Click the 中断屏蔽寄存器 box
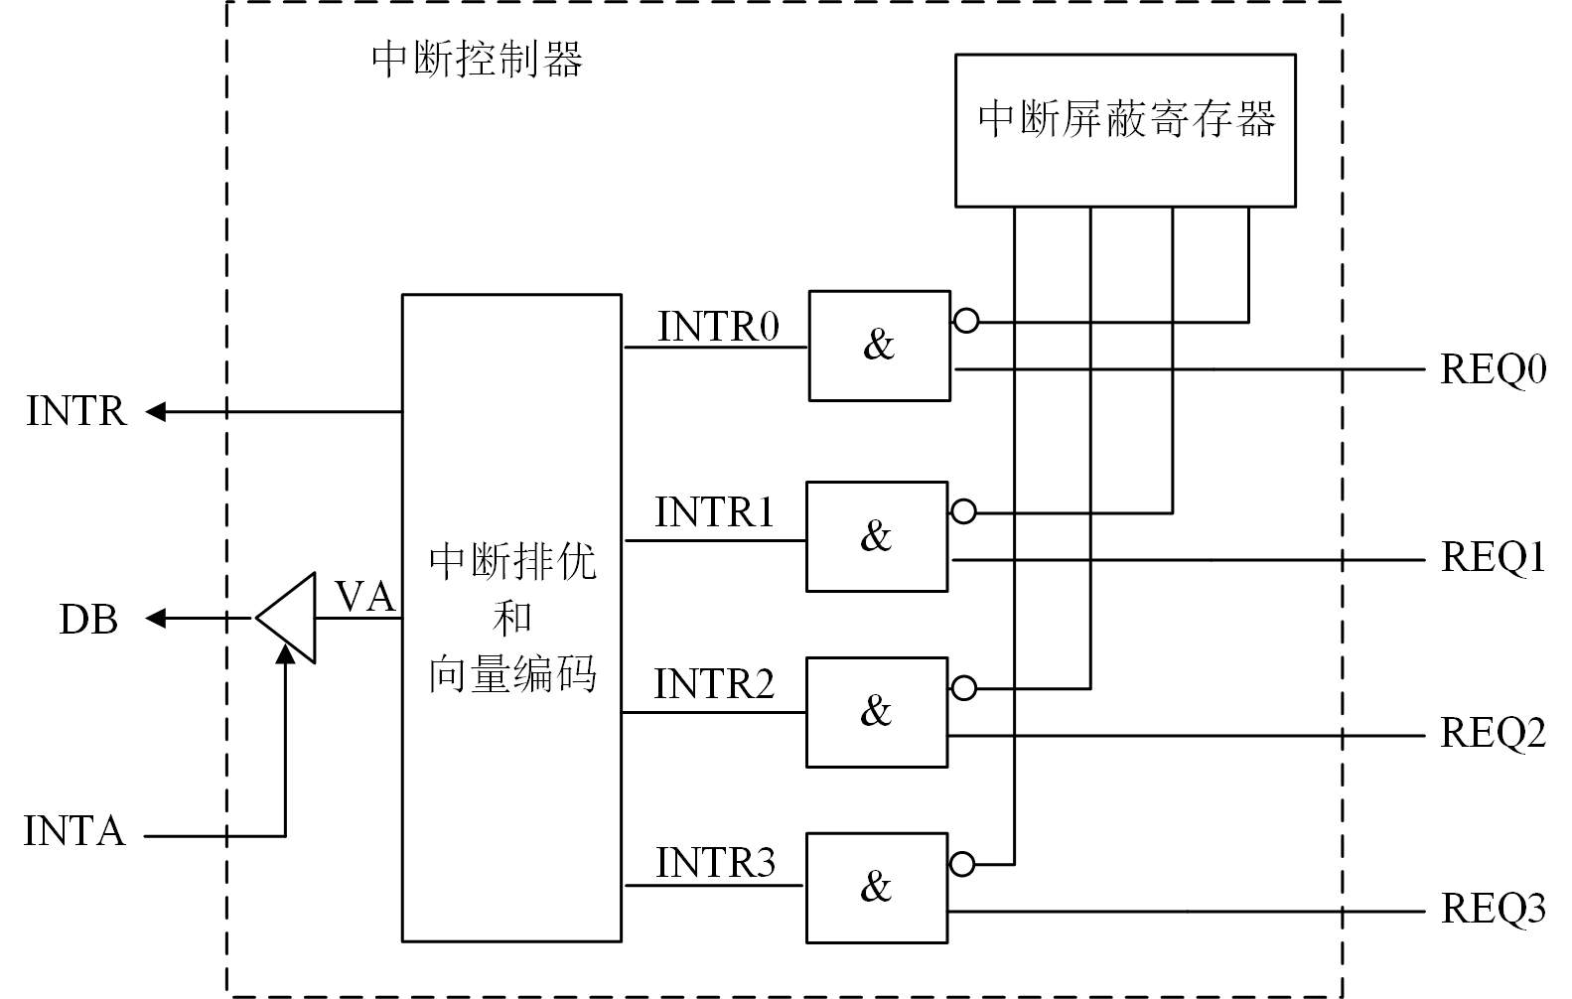1125,129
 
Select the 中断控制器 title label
477,60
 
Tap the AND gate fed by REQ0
879,346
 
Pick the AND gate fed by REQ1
876,536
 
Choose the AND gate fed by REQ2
876,712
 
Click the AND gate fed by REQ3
876,887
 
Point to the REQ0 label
1493,370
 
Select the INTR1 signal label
714,512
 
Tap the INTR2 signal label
714,684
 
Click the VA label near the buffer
365,597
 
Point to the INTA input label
74,832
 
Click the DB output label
88,621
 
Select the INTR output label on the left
76,411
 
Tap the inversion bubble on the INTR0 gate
965,321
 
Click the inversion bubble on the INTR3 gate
962,864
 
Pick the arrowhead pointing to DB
156,619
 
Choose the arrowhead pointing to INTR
156,411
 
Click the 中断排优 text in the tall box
512,563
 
